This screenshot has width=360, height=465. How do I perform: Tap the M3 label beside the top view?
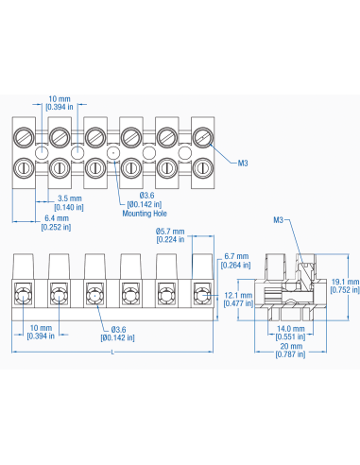point(243,164)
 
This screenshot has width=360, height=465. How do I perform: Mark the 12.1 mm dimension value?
point(236,295)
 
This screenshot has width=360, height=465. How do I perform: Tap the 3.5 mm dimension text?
point(69,198)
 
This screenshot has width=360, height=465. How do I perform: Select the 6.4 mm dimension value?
point(57,218)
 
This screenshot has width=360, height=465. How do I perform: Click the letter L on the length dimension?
point(113,353)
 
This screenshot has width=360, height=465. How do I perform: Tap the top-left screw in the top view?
point(26,136)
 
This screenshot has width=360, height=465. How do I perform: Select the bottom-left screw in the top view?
point(26,167)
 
